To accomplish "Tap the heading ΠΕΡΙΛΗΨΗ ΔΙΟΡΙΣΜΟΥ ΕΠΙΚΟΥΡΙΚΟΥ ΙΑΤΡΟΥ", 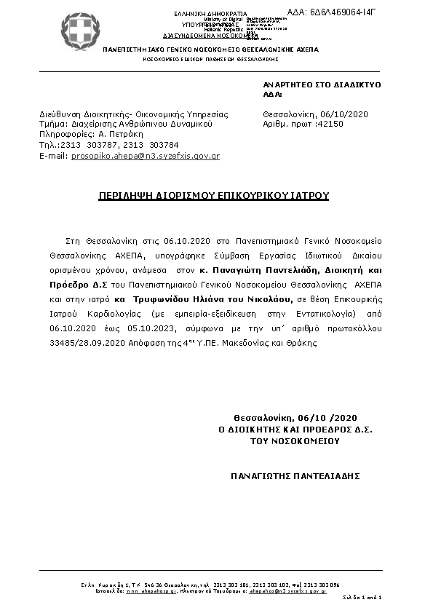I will point(214,196).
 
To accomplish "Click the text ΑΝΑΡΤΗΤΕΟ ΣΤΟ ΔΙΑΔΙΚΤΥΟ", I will point(321,84).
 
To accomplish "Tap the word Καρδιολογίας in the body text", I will point(103,314).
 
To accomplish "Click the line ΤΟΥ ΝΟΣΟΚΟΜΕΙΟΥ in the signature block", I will point(295,440).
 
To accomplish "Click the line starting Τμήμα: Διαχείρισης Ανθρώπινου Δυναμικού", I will point(125,124).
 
